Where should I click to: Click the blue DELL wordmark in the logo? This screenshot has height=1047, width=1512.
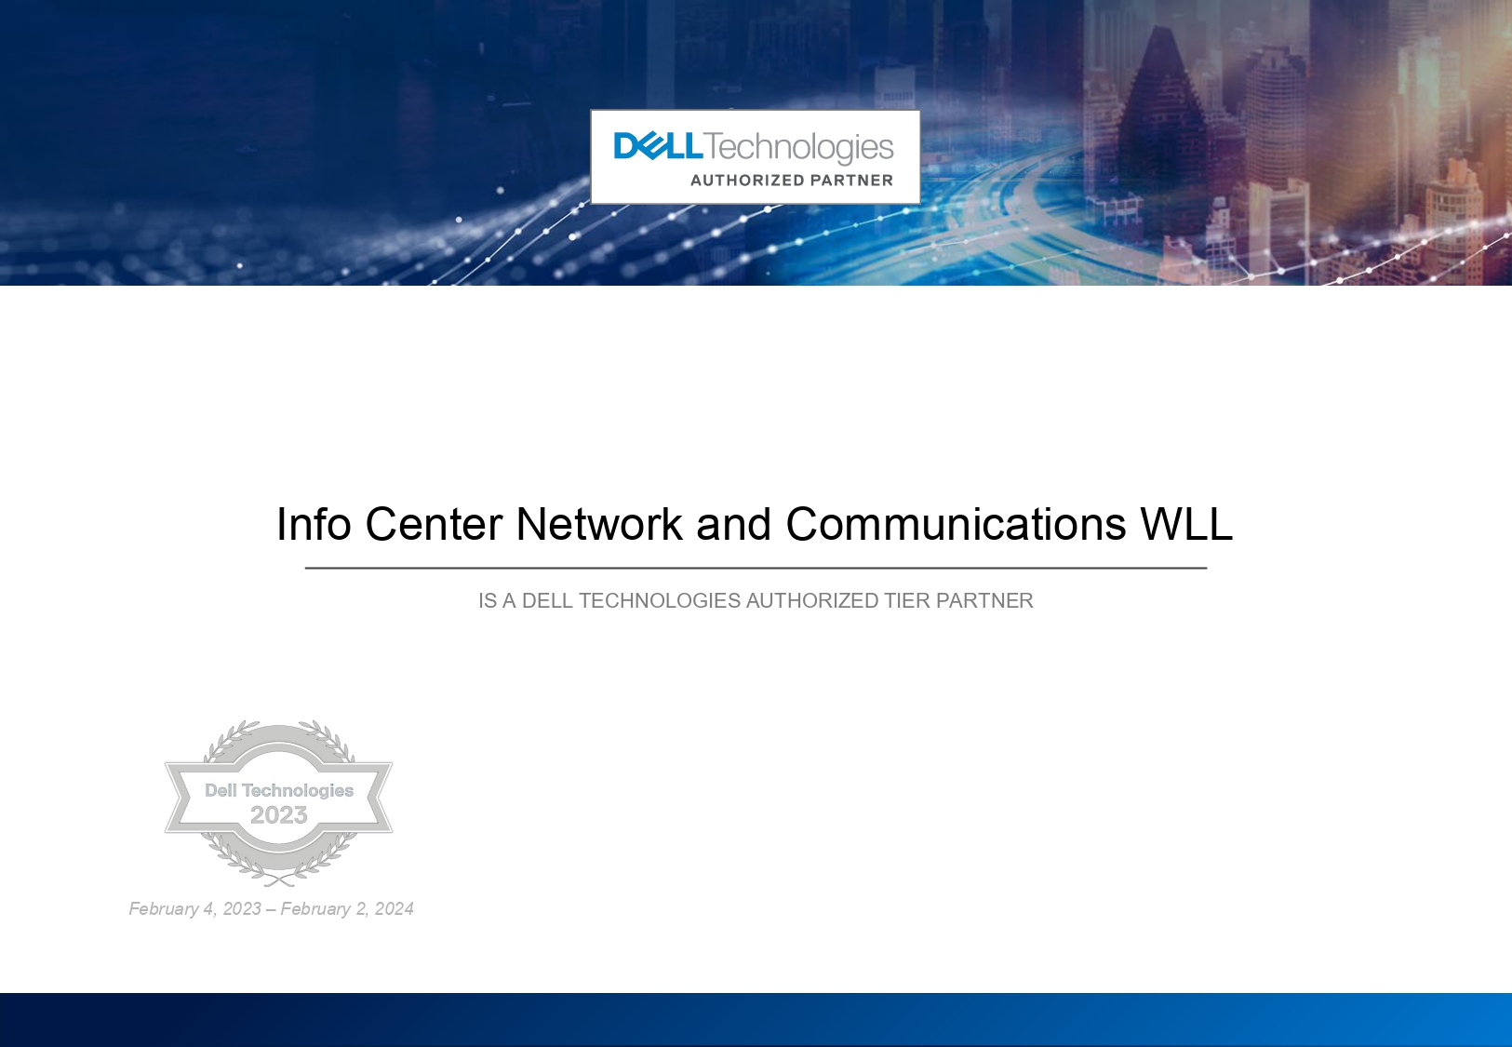658,146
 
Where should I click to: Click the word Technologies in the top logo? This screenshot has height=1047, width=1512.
798,148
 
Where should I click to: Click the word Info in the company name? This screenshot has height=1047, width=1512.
314,524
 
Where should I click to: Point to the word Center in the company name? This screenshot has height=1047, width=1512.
434,524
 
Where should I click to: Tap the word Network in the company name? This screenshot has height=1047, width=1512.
599,524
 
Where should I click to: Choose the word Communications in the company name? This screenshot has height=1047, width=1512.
956,524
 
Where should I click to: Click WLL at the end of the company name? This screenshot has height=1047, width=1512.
1186,524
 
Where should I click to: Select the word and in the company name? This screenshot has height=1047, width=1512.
734,524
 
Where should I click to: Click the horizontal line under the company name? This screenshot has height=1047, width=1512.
756,569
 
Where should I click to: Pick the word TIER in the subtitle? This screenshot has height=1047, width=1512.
908,600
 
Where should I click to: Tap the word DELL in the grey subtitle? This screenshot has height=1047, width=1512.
547,600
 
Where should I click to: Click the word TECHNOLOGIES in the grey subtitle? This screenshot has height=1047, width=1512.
660,600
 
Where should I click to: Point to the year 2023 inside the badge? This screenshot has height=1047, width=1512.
279,814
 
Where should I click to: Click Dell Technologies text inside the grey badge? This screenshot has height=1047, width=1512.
279,790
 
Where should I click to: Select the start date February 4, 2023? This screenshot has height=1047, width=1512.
195,908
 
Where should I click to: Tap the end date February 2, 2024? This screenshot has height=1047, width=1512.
347,908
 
